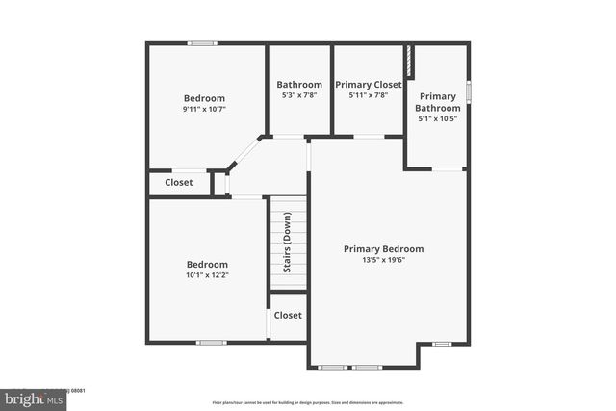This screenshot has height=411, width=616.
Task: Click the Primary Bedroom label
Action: tap(383, 248)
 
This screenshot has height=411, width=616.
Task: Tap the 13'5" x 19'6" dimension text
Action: tap(383, 261)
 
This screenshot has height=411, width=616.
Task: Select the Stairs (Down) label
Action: tap(287, 242)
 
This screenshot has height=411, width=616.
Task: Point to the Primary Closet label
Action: tap(368, 85)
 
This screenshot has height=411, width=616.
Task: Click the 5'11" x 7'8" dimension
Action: tap(368, 96)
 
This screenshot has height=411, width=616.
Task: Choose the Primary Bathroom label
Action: tap(437, 102)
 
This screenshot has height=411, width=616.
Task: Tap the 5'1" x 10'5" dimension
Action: tap(437, 119)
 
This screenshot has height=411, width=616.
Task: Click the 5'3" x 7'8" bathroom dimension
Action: tap(298, 96)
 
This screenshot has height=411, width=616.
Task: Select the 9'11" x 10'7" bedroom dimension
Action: tap(204, 110)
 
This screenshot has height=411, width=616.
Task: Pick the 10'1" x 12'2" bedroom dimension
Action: tap(207, 276)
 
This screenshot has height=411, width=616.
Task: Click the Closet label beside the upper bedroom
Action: tap(179, 182)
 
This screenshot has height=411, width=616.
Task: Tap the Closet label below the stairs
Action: tap(288, 315)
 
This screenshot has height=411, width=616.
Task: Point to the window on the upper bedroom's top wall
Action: tap(202, 43)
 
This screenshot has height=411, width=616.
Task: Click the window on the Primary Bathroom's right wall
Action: tap(469, 91)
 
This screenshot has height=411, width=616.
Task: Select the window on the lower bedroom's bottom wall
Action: tap(211, 342)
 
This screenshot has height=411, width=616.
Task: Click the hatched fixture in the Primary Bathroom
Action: tap(409, 61)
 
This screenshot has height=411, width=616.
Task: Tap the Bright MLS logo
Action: tap(34, 398)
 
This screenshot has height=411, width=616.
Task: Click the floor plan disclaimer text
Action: tap(307, 402)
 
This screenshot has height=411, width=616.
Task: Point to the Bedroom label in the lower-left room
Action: tap(207, 265)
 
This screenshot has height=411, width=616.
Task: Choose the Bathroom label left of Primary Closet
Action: tap(298, 85)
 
